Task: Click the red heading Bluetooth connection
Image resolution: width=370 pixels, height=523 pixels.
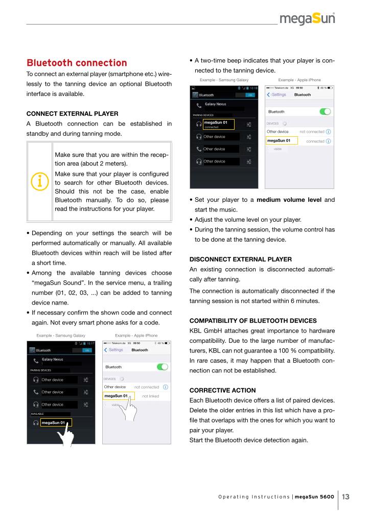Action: pyautogui.click(x=77, y=63)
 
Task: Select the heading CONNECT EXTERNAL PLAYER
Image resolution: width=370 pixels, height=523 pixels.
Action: pyautogui.click(x=72, y=113)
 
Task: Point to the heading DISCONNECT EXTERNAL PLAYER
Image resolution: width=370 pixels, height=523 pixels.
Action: pyautogui.click(x=241, y=259)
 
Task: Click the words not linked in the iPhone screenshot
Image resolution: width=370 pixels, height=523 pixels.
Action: pyautogui.click(x=151, y=396)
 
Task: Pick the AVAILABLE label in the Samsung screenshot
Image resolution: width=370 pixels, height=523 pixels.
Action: pyautogui.click(x=37, y=414)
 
